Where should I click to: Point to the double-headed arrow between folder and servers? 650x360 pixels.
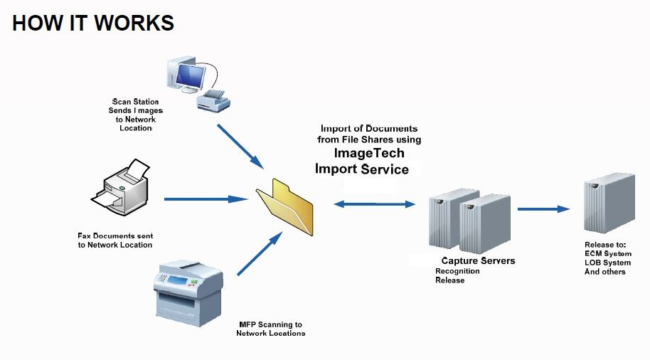[x=374, y=204]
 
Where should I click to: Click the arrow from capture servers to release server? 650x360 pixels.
[x=543, y=209]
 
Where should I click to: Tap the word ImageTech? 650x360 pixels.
[x=369, y=153]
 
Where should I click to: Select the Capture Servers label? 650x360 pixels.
[x=478, y=261]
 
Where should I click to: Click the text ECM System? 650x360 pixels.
[x=607, y=254]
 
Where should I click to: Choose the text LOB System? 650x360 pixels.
[x=607, y=263]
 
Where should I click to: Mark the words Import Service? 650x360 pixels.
[x=362, y=169]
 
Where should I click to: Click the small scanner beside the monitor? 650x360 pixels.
[x=213, y=100]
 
